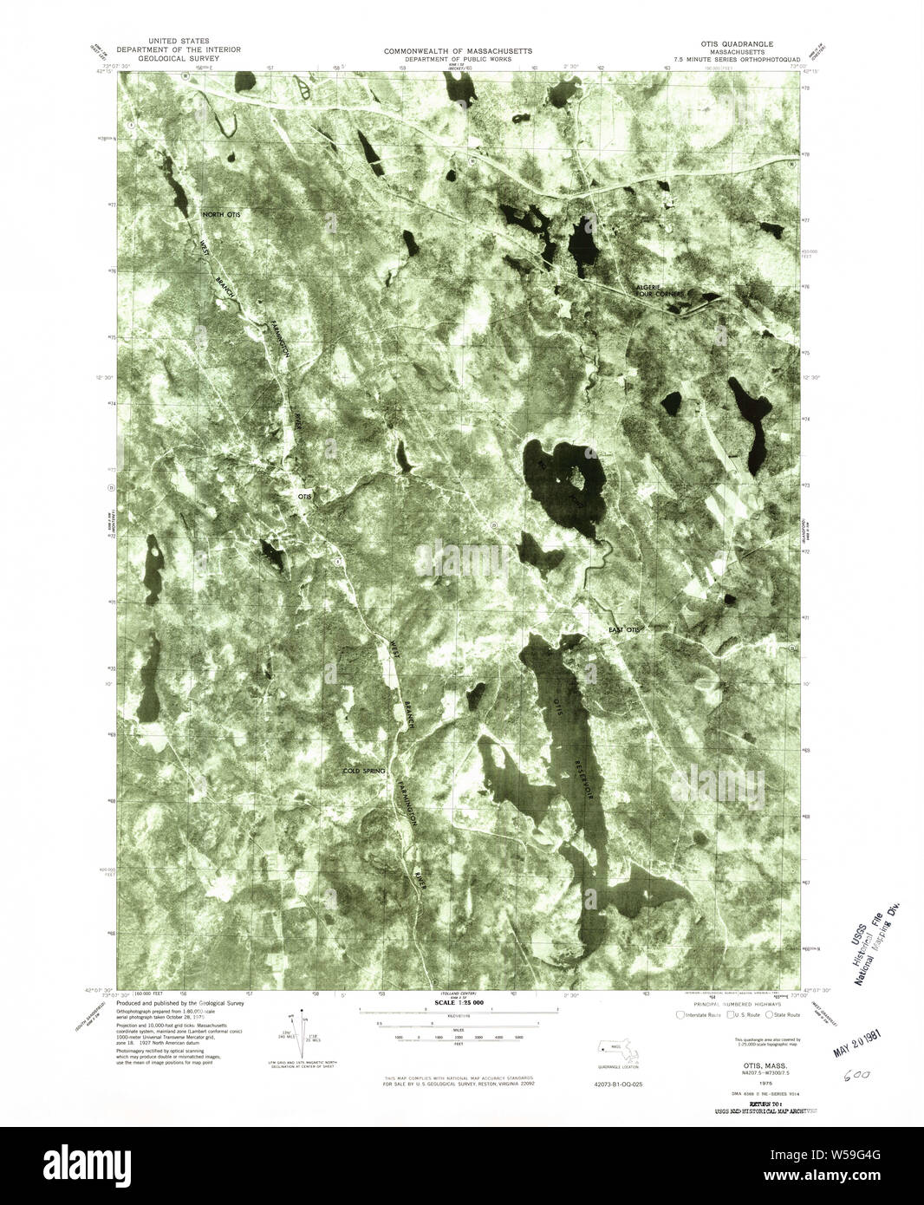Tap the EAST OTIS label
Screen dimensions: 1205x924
point(623,629)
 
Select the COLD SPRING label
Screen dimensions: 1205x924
point(364,771)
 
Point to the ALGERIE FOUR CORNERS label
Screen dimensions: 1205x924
point(660,290)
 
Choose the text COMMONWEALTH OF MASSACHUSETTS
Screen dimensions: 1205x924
point(459,51)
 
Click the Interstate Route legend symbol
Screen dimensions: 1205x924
point(680,1014)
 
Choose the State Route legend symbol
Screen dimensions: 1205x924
point(769,1014)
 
